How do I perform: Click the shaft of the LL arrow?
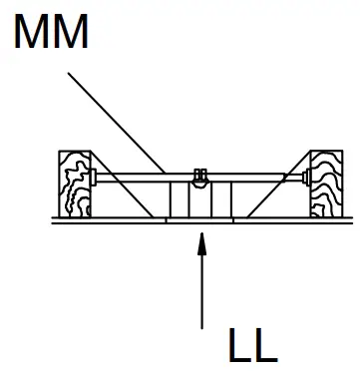point(202,289)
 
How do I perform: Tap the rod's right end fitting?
point(307,180)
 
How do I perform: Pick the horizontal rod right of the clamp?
point(259,180)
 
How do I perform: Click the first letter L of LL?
point(239,344)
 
